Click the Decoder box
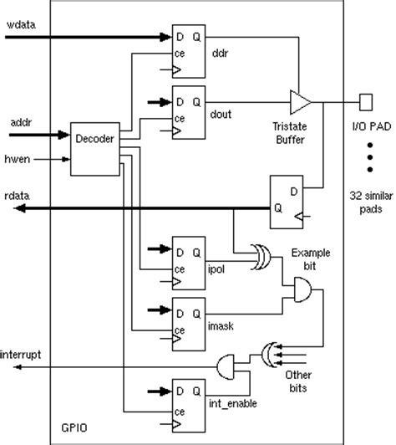coord(93,150)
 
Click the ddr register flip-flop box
coord(187,49)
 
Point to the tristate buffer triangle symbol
coord(299,103)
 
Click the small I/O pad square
coord(365,102)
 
